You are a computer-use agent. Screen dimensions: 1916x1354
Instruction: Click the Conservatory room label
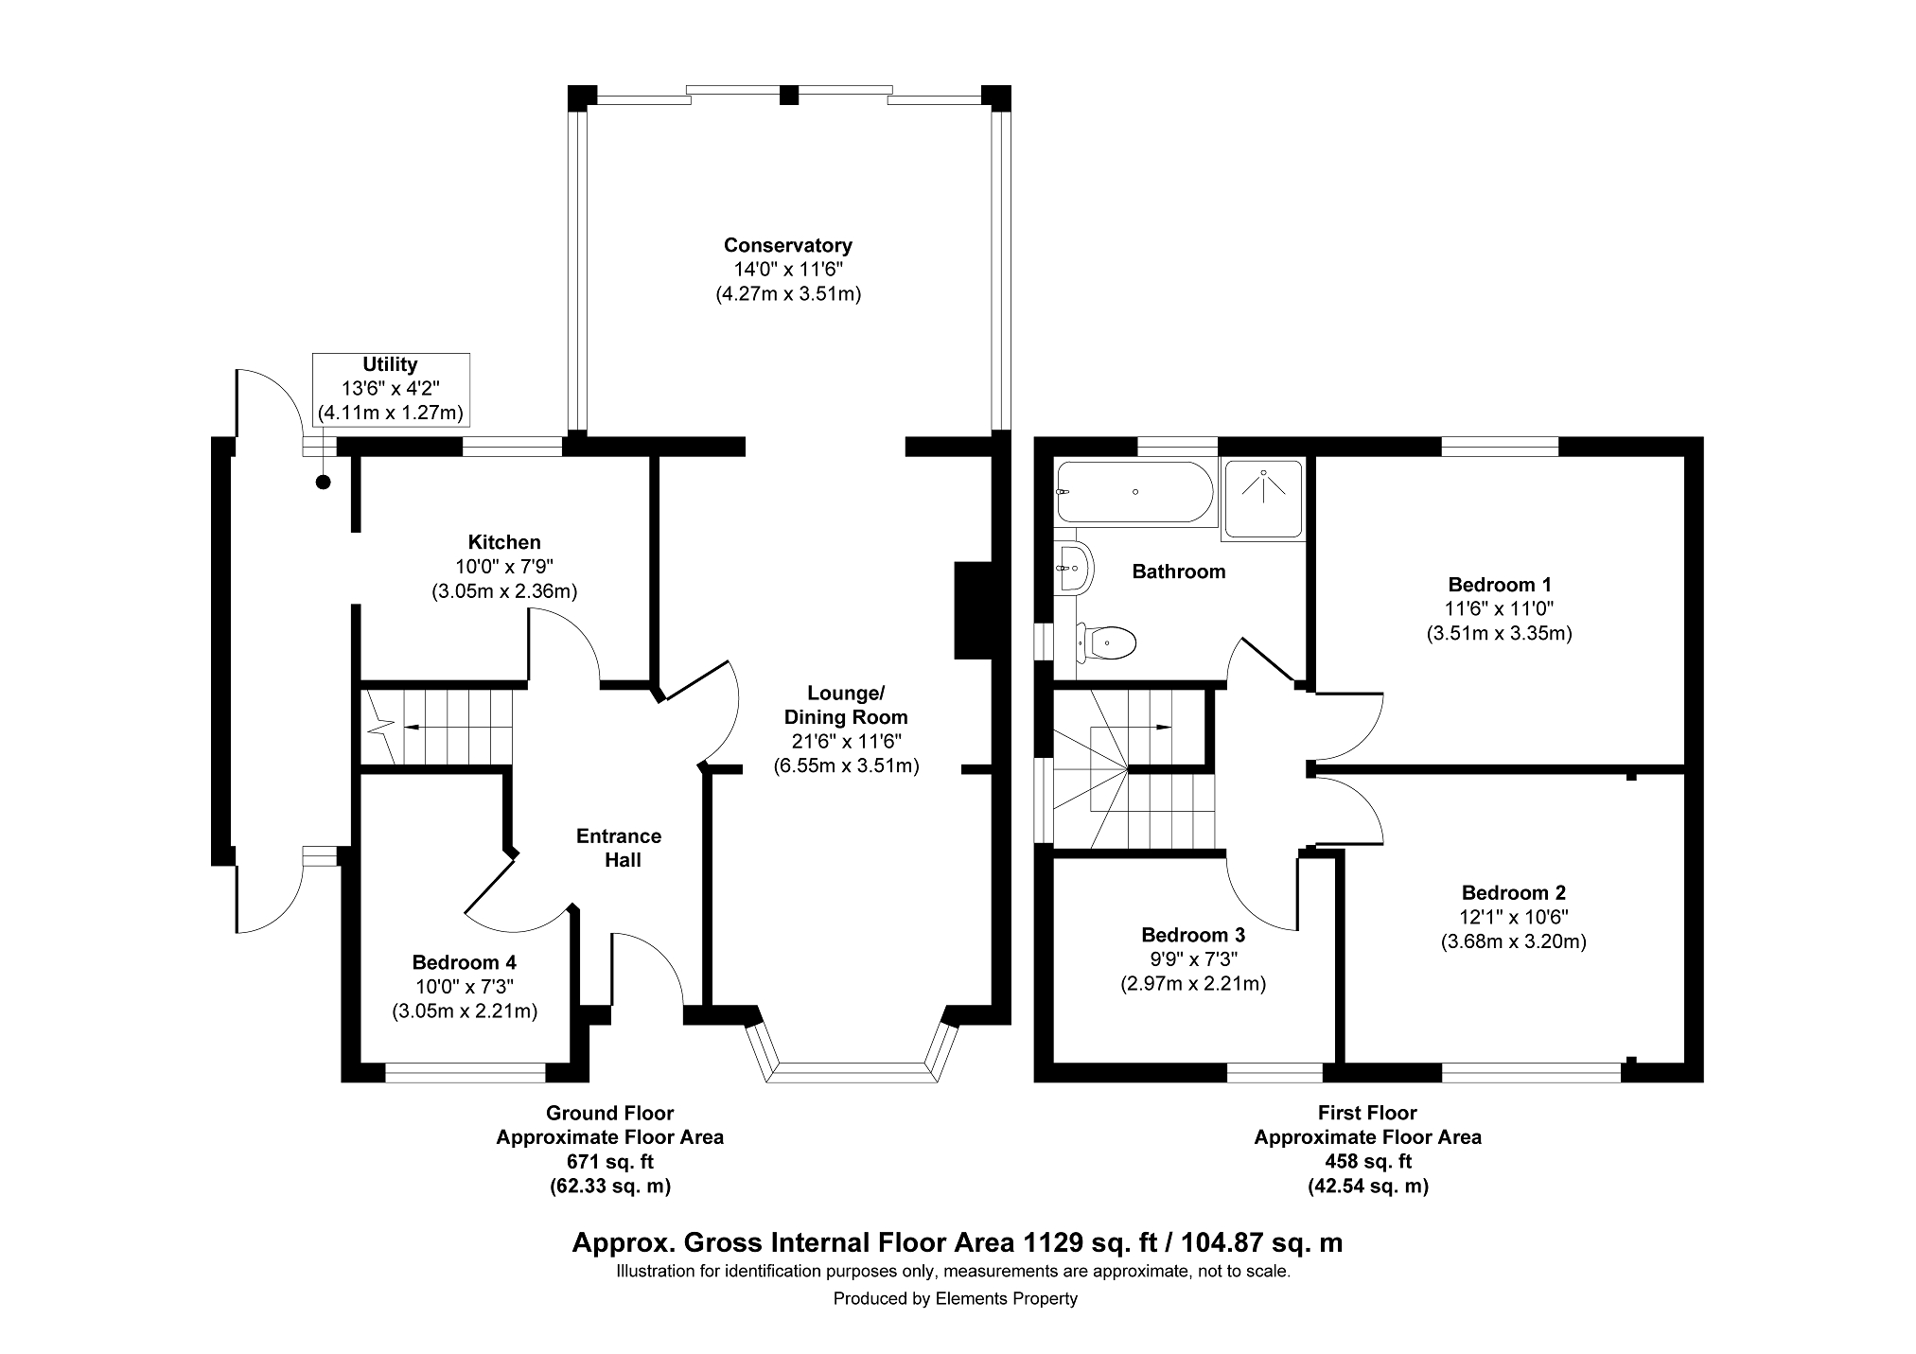(788, 245)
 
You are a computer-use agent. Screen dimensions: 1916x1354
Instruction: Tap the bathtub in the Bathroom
(1134, 492)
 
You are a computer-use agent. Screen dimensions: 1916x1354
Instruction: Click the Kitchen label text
(504, 542)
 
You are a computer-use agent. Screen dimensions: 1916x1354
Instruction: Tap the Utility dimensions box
(391, 389)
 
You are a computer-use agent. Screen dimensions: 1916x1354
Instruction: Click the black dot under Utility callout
(324, 483)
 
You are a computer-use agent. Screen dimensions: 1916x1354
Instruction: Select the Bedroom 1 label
(1500, 585)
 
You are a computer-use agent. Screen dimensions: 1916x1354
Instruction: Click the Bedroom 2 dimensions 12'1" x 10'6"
(1513, 917)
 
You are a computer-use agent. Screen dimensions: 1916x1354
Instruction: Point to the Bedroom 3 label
(1192, 935)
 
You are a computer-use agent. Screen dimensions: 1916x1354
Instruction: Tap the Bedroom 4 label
(464, 962)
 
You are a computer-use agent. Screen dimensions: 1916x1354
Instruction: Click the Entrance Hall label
(619, 848)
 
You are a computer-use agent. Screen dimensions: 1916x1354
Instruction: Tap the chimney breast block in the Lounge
(973, 610)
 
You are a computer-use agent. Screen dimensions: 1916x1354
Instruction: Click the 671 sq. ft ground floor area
(610, 1161)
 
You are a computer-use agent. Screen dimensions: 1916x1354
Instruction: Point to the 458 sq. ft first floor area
(1368, 1161)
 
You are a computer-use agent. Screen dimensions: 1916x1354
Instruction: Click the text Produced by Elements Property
(955, 1299)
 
